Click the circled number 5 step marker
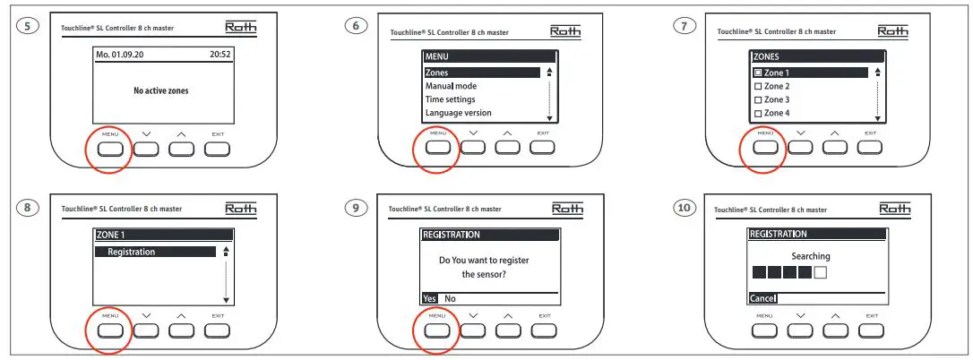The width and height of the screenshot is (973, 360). click(x=30, y=26)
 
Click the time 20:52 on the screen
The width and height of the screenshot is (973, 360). click(x=220, y=55)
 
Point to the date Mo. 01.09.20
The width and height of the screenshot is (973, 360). click(x=125, y=55)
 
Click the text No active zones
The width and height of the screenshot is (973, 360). click(x=161, y=90)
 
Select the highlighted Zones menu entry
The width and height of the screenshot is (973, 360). click(x=482, y=73)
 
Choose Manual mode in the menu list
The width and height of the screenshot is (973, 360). click(x=451, y=86)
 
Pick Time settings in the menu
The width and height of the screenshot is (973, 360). click(x=450, y=99)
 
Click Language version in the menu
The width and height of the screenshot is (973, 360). click(x=458, y=113)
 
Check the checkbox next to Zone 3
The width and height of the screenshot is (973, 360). click(x=758, y=99)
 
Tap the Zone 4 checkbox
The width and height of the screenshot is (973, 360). click(x=758, y=113)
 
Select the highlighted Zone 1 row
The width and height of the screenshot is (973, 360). click(x=810, y=73)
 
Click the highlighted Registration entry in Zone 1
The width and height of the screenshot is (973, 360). click(x=155, y=252)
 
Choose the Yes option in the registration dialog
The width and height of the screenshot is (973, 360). click(x=430, y=298)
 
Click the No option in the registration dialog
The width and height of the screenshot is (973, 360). click(x=450, y=298)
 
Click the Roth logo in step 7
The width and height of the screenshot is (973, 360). click(x=892, y=30)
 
